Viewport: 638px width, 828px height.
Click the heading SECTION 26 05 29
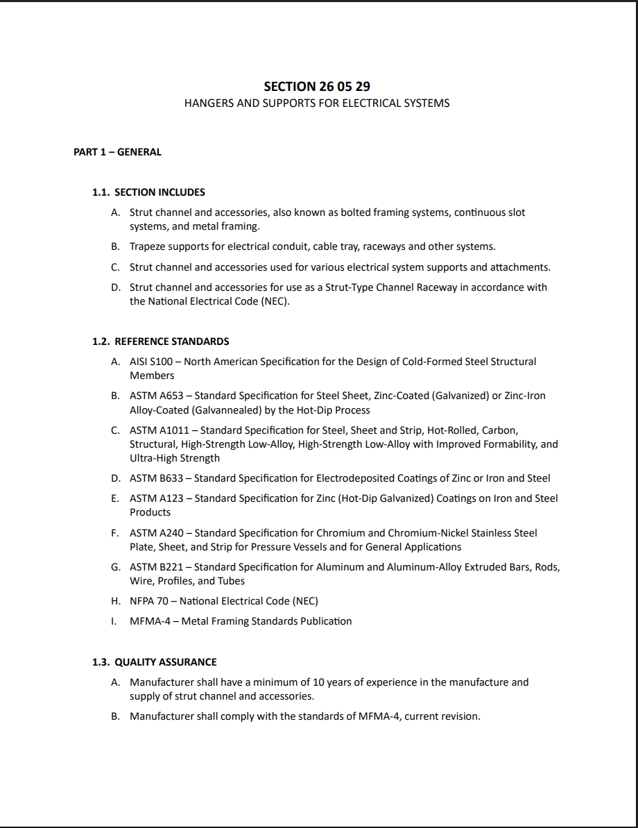[x=316, y=87]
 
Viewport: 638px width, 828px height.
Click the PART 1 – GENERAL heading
[x=117, y=152]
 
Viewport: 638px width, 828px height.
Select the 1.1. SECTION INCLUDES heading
[x=148, y=192]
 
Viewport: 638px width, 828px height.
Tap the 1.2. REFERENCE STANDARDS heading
[x=160, y=341]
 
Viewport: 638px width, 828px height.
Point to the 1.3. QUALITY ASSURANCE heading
[x=154, y=662]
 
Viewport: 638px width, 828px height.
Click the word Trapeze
[x=148, y=246]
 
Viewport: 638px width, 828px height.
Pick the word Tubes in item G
[x=231, y=581]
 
